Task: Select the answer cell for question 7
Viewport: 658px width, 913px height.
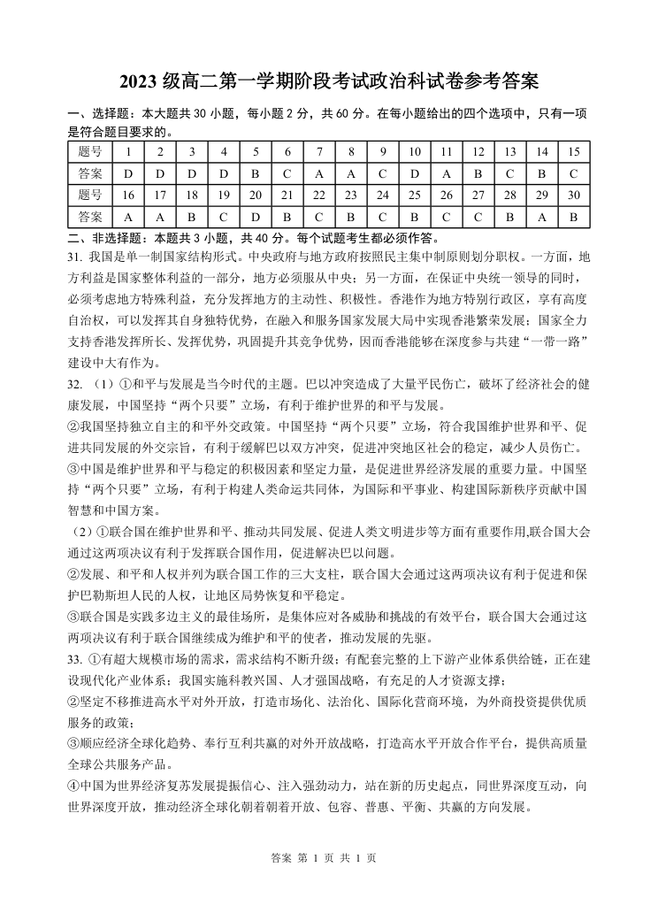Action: (319, 173)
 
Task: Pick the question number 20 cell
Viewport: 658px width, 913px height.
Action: (256, 195)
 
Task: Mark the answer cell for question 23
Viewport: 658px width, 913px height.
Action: (351, 216)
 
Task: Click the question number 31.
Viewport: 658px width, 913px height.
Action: (75, 257)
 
